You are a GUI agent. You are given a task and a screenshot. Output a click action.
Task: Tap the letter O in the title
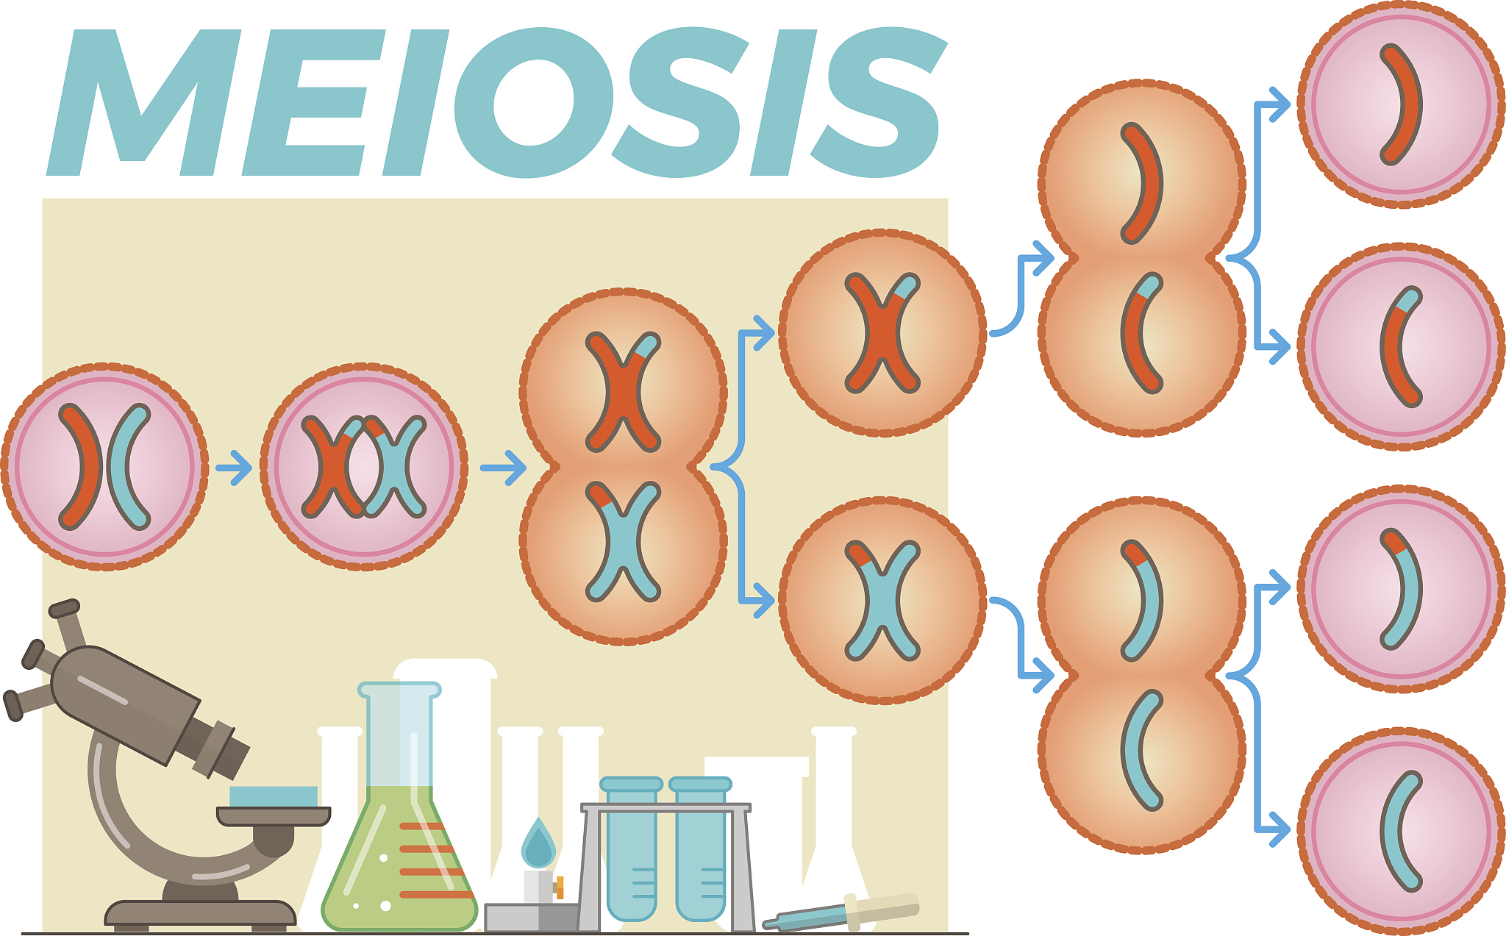tap(533, 103)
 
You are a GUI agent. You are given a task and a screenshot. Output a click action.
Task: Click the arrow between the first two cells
tap(235, 467)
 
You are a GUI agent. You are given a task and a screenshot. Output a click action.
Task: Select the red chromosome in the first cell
tap(82, 466)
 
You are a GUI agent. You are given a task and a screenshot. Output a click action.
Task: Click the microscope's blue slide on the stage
tap(273, 796)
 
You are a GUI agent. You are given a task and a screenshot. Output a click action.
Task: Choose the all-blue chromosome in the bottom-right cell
tap(1400, 831)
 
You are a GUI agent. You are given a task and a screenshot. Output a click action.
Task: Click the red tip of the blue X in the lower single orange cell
tap(859, 554)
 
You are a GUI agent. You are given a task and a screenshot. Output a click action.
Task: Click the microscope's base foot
tap(200, 912)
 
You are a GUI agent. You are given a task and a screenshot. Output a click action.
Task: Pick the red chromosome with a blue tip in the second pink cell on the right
tap(1400, 346)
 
